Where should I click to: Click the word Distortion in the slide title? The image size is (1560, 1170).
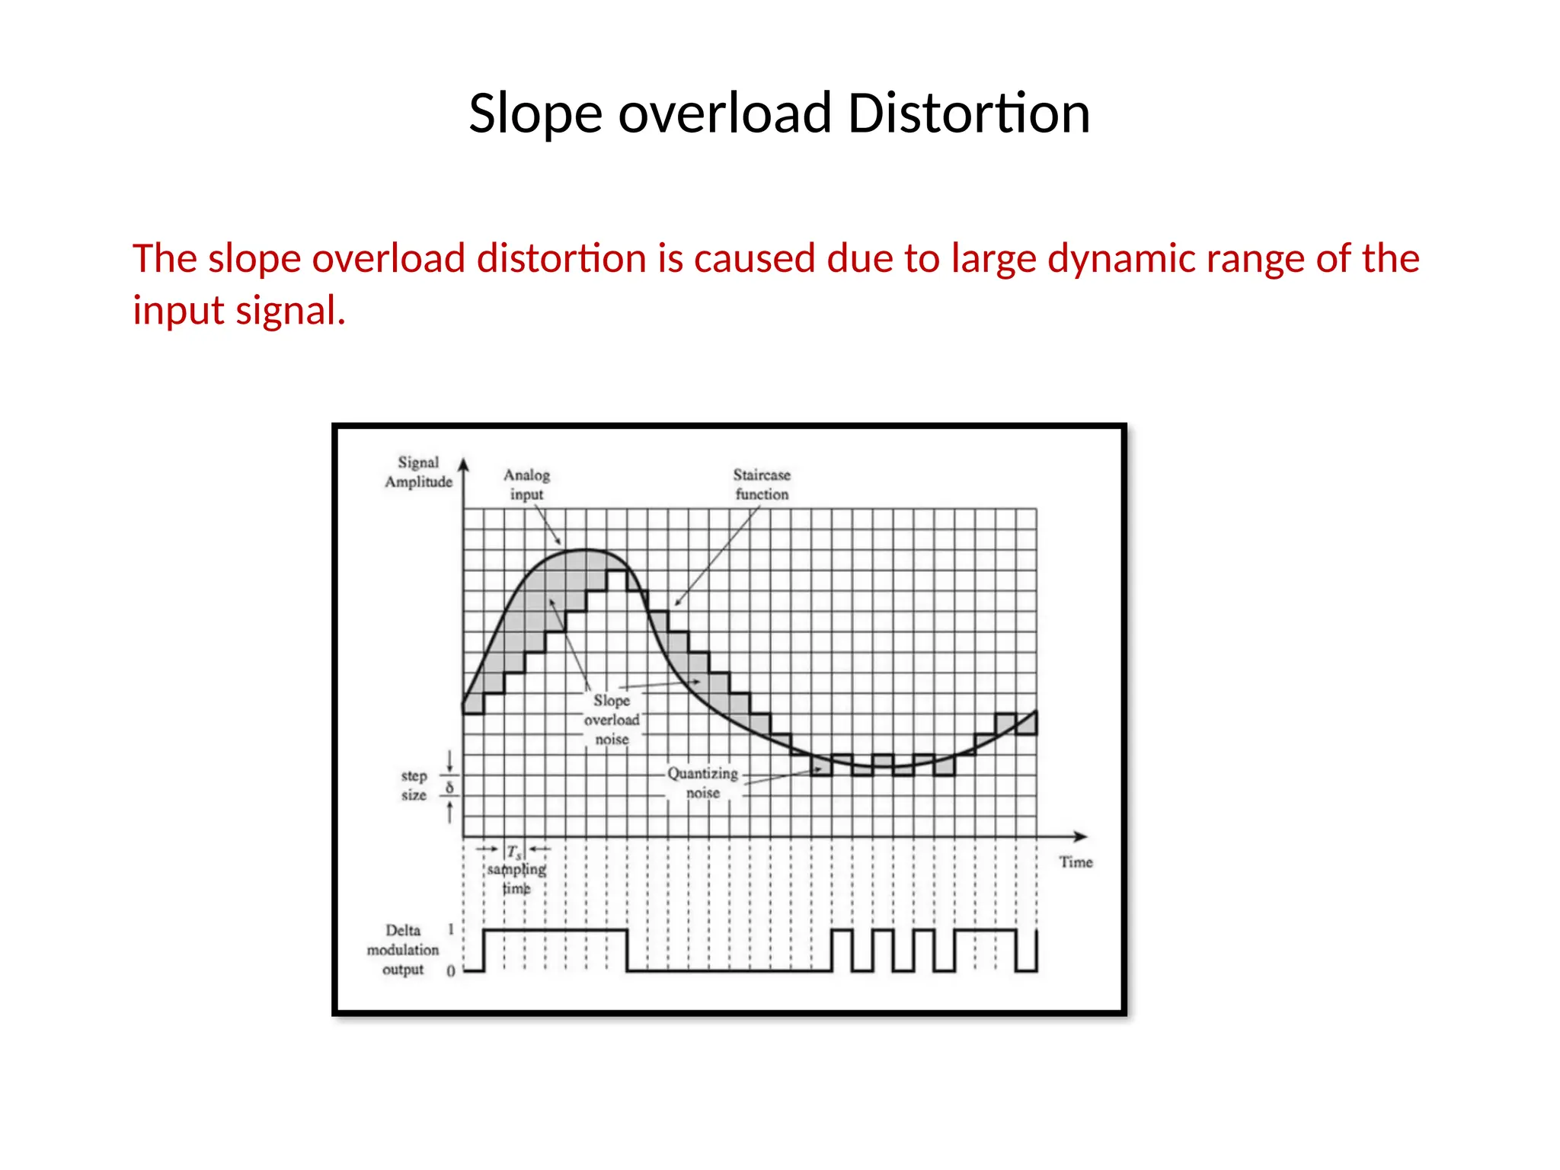pos(968,113)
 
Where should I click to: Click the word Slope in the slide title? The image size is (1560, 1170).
pos(535,113)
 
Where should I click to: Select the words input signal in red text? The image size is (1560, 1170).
pos(239,311)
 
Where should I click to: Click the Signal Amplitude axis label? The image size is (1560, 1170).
pos(418,472)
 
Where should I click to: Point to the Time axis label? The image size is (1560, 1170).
pos(1076,862)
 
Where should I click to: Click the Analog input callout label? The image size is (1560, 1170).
pos(526,484)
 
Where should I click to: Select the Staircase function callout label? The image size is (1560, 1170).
pos(762,484)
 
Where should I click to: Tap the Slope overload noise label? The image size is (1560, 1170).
pos(612,720)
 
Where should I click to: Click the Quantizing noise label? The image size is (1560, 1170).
pos(702,783)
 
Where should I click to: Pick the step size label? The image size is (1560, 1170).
pos(414,785)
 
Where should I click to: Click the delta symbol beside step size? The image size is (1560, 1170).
pos(449,788)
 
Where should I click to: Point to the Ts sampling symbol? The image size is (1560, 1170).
pos(515,852)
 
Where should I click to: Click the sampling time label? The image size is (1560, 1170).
pos(516,878)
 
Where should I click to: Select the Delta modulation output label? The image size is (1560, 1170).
pos(403,950)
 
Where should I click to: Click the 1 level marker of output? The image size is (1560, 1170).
pos(451,929)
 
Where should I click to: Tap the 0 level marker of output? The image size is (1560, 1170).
pos(451,971)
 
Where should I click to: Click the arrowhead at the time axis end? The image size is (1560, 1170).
pos(1082,836)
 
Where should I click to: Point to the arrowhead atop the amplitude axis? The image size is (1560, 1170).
pos(463,464)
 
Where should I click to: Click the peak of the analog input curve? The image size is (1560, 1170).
pos(585,549)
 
